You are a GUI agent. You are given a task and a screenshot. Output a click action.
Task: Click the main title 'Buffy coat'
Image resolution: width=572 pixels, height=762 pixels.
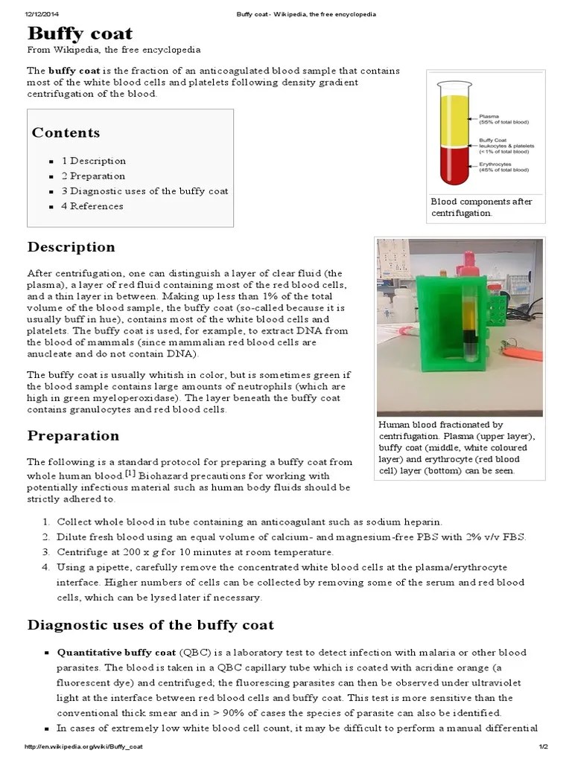(x=80, y=33)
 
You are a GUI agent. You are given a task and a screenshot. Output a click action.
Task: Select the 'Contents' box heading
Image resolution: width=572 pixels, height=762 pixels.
(x=66, y=132)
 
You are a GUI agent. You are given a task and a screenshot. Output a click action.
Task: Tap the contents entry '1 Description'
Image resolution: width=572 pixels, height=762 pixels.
(x=94, y=161)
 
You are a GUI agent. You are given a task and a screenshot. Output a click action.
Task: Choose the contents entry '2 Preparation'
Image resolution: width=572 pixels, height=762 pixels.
(x=93, y=176)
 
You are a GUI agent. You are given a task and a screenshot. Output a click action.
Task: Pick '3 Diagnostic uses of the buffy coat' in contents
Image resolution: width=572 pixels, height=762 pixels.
(x=144, y=191)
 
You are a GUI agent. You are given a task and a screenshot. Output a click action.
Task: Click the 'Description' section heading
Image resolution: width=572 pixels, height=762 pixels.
(x=71, y=247)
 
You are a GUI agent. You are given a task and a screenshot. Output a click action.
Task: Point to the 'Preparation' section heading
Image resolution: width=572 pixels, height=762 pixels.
(x=73, y=435)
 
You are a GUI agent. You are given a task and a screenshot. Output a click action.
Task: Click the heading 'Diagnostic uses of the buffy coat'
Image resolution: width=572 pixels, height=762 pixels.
(x=150, y=625)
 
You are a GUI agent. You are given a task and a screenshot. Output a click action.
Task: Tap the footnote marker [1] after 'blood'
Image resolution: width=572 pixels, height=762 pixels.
(x=130, y=473)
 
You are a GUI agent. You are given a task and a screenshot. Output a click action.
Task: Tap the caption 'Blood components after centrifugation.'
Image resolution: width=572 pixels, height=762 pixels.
(x=482, y=207)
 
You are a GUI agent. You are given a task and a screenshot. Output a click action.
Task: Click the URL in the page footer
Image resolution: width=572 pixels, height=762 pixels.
(x=84, y=746)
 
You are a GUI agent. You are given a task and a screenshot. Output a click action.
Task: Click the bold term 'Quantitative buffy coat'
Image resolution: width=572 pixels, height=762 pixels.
(x=117, y=652)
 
